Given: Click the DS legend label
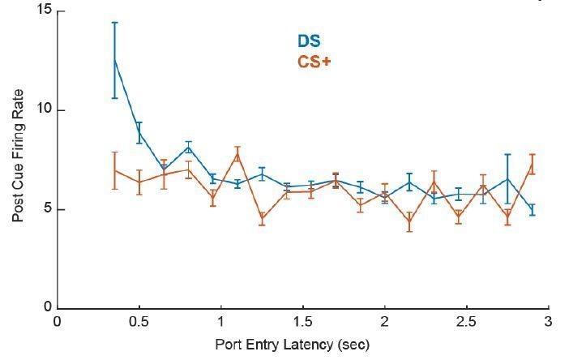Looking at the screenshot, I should [x=308, y=42].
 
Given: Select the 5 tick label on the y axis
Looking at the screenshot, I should [x=45, y=209].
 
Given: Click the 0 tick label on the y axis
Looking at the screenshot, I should [x=45, y=308].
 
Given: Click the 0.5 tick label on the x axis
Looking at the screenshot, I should [x=139, y=322].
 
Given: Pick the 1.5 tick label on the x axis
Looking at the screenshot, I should [x=303, y=322].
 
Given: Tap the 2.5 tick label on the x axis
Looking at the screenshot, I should [x=467, y=322].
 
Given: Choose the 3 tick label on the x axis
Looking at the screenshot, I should [x=549, y=322].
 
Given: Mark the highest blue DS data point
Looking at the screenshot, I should [x=115, y=60].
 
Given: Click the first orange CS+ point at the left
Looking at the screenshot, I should [x=115, y=170].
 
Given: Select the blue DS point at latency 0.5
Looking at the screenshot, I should [x=139, y=132].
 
